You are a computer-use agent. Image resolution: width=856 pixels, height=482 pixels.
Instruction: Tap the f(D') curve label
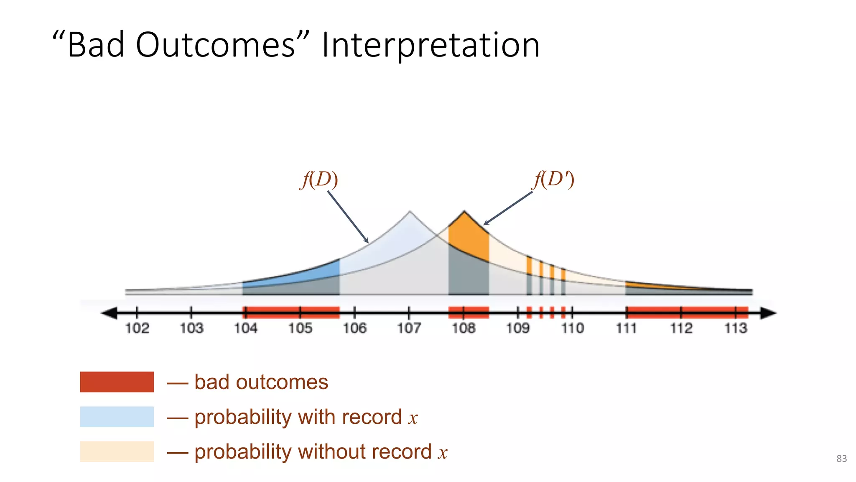tap(554, 180)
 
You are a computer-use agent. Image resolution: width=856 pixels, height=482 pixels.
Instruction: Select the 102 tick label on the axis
tap(137, 328)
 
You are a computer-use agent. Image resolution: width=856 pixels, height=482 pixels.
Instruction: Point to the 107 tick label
tap(409, 328)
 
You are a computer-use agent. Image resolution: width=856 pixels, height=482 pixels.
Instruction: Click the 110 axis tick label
tap(572, 328)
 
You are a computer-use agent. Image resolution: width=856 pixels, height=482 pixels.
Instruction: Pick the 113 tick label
tap(736, 328)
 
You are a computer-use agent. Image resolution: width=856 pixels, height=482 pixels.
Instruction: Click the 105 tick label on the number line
tap(300, 328)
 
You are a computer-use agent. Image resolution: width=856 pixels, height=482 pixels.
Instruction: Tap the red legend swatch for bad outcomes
tap(117, 382)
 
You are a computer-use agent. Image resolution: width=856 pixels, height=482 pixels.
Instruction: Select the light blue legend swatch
tap(117, 417)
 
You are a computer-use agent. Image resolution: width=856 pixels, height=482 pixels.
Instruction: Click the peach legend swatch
tap(117, 451)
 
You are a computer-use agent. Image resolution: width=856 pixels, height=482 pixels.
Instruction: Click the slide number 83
tap(841, 459)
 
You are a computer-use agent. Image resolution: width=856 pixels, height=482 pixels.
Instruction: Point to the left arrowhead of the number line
tap(110, 313)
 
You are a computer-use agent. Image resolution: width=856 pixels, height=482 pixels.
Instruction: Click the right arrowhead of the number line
tap(768, 313)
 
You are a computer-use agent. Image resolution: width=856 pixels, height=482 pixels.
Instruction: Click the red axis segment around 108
tap(468, 313)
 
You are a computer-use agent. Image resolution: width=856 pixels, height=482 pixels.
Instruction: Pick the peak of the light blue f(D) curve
tap(410, 212)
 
